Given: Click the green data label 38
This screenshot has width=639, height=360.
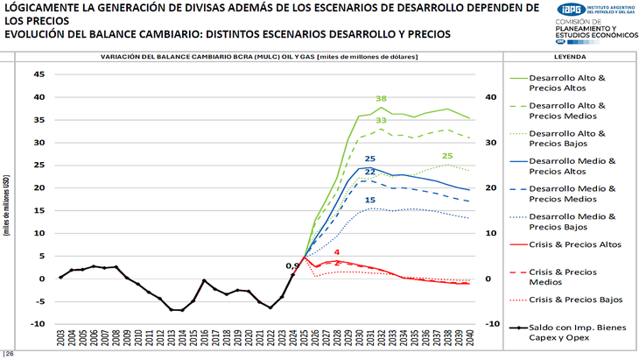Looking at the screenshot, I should pos(381,99).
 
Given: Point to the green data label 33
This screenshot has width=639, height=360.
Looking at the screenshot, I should pos(382,120).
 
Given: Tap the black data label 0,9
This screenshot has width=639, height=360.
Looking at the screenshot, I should pos(293,265).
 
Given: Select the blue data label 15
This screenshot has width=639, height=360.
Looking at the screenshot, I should pos(370,201).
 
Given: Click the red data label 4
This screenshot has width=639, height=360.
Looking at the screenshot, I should pos(337,252).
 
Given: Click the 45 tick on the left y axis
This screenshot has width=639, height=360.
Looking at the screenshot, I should pos(39,74).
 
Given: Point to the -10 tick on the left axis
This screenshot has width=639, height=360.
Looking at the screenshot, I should pos(38,323).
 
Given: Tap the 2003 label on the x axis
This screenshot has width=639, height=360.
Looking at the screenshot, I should pos(60,340).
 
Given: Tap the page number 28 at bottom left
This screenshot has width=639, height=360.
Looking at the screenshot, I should pos(11,354).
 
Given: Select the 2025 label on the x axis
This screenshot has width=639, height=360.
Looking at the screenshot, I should pos(304,340).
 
